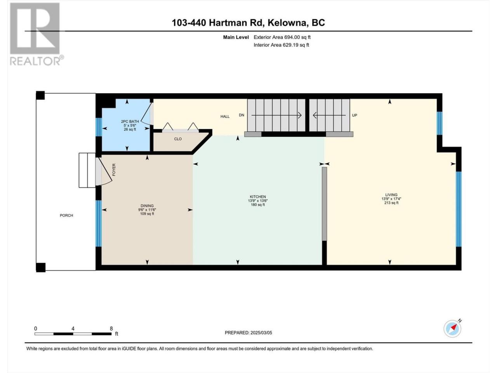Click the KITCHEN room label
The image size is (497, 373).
point(258,197)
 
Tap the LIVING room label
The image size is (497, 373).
point(391,195)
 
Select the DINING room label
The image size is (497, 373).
point(147,206)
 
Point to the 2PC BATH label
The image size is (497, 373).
point(130,121)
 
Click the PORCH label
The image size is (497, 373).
point(66,215)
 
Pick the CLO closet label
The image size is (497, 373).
point(178,139)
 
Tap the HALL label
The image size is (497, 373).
point(225,117)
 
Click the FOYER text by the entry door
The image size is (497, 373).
point(114,170)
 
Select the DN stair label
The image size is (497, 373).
point(242,115)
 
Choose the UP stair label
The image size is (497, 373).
point(355,115)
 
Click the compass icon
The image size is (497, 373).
point(452,328)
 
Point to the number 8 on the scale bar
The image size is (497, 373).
point(111,329)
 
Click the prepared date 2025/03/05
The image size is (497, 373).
point(261,333)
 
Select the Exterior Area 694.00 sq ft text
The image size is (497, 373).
point(282,37)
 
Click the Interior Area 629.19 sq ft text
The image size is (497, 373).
point(281,45)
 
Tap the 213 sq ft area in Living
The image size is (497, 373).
point(391,203)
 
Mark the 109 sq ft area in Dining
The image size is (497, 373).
point(147,214)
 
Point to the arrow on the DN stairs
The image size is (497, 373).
point(276,115)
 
